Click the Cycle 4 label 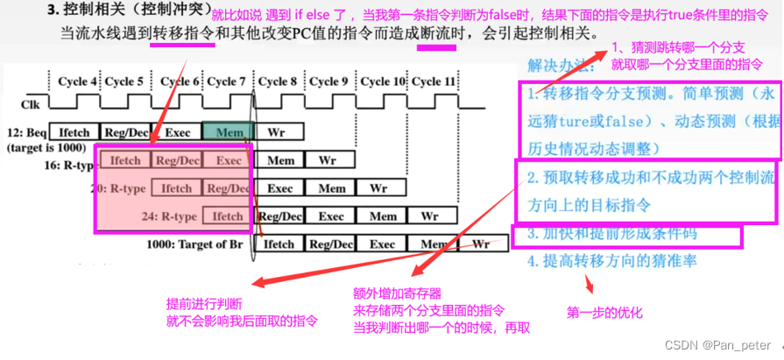click(78, 81)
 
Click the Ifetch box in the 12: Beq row click(75, 132)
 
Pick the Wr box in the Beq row click(277, 132)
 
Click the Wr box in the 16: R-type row click(328, 160)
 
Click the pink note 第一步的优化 click(604, 311)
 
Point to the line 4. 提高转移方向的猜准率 click(611, 260)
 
